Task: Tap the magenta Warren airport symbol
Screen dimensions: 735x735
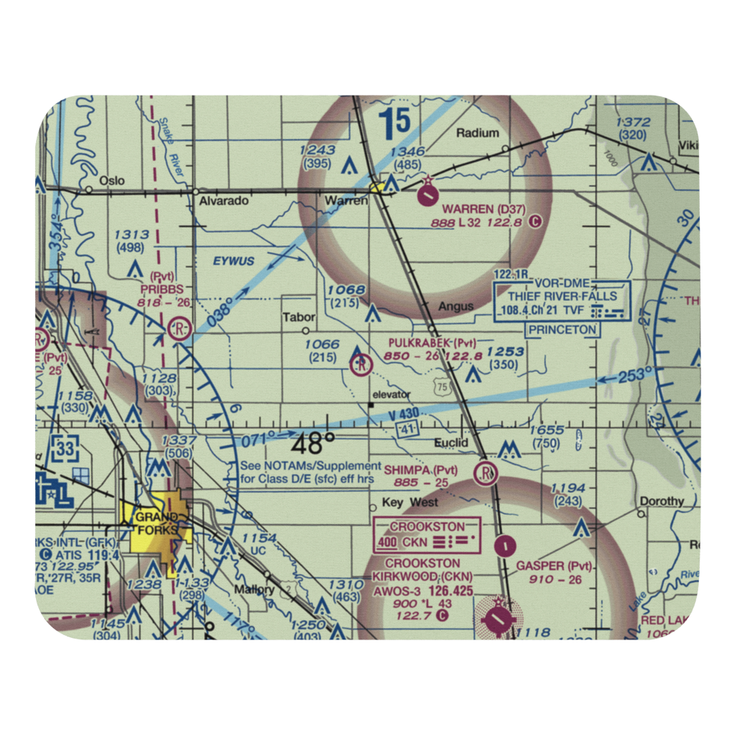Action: (427, 196)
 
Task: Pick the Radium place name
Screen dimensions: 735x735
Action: (477, 133)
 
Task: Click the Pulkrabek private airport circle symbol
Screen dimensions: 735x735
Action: (361, 363)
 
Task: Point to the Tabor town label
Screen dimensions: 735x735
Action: (299, 318)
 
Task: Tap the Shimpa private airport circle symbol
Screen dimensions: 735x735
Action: (486, 473)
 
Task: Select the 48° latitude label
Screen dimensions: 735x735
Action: (312, 445)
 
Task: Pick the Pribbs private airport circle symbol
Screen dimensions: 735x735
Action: (178, 329)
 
